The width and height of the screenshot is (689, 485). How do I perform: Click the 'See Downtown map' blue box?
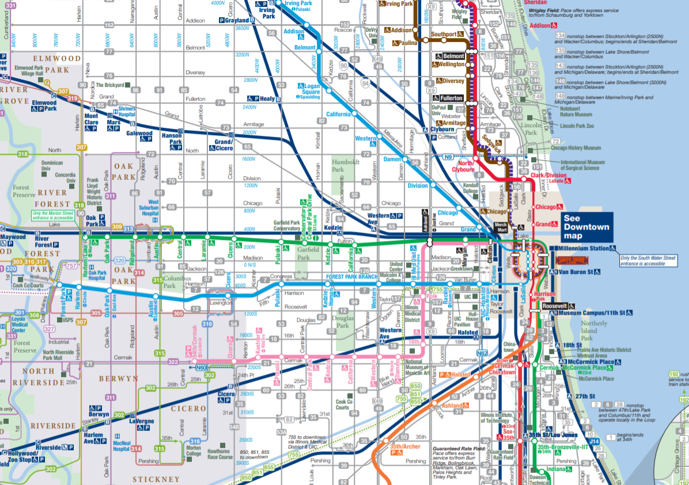click(586, 227)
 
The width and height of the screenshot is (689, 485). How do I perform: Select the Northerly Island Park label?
click(593, 330)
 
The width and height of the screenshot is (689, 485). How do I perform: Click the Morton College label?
click(194, 451)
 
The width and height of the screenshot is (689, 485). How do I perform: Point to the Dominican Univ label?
click(52, 166)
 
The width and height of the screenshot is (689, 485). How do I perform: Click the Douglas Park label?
click(343, 322)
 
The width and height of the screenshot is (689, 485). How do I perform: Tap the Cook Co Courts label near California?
click(344, 405)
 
